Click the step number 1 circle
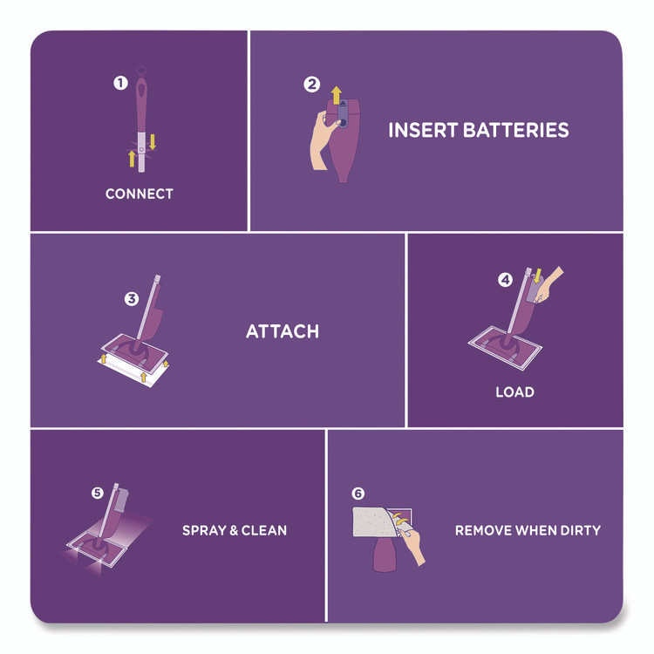120,83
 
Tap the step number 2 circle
311,85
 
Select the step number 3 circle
132,298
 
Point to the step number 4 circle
506,279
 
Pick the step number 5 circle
97,493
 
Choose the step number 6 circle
358,494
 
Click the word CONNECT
140,194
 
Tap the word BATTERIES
516,130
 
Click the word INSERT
423,130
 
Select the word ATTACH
283,331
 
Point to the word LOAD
514,392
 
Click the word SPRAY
204,530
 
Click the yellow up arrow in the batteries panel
337,96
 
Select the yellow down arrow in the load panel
538,276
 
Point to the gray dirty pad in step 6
373,521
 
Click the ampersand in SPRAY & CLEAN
234,530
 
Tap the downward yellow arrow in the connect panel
153,142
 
